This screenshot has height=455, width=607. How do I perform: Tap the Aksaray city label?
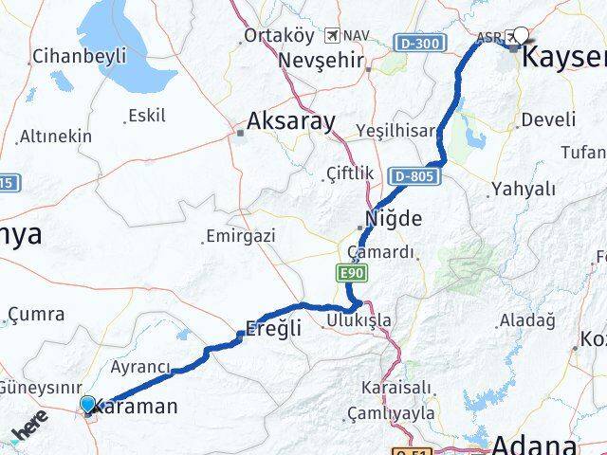click(290, 121)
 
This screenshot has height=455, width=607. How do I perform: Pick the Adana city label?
click(533, 445)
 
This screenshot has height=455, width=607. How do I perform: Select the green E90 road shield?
click(349, 274)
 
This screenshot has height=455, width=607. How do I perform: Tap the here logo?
click(30, 428)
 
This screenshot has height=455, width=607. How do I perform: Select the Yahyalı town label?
click(523, 189)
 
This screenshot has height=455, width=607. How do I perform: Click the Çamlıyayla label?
click(391, 413)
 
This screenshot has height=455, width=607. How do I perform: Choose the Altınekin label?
click(57, 136)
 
